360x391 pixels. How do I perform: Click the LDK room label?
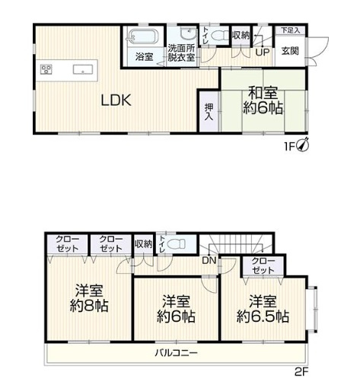[116, 99]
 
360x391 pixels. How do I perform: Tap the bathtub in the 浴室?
[143, 37]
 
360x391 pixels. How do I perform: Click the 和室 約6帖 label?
[265, 100]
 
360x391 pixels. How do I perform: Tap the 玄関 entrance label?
[290, 52]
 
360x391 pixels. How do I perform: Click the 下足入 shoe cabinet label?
[290, 30]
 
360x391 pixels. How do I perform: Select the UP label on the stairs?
[262, 52]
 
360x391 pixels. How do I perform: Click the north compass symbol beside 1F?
[302, 143]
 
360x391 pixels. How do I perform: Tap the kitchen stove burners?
[46, 70]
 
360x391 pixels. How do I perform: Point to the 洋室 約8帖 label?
[90, 298]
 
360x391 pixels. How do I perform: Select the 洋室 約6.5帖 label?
[262, 307]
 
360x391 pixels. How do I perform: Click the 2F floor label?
[304, 373]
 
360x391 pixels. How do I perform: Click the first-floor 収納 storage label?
[240, 35]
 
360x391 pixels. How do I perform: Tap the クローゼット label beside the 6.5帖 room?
[263, 265]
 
